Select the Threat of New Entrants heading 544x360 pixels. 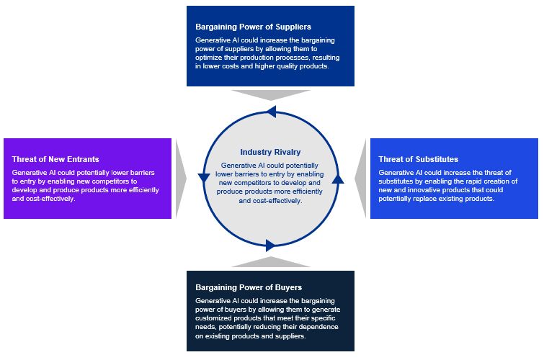[55, 158]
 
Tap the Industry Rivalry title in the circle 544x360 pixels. [270, 152]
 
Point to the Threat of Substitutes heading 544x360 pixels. [418, 158]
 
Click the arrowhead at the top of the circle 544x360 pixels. [271, 111]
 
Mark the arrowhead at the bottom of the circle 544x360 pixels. [271, 245]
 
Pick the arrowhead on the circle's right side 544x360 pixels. [338, 178]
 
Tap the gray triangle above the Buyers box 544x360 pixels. [271, 261]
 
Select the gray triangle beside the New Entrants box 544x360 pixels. [181, 178]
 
